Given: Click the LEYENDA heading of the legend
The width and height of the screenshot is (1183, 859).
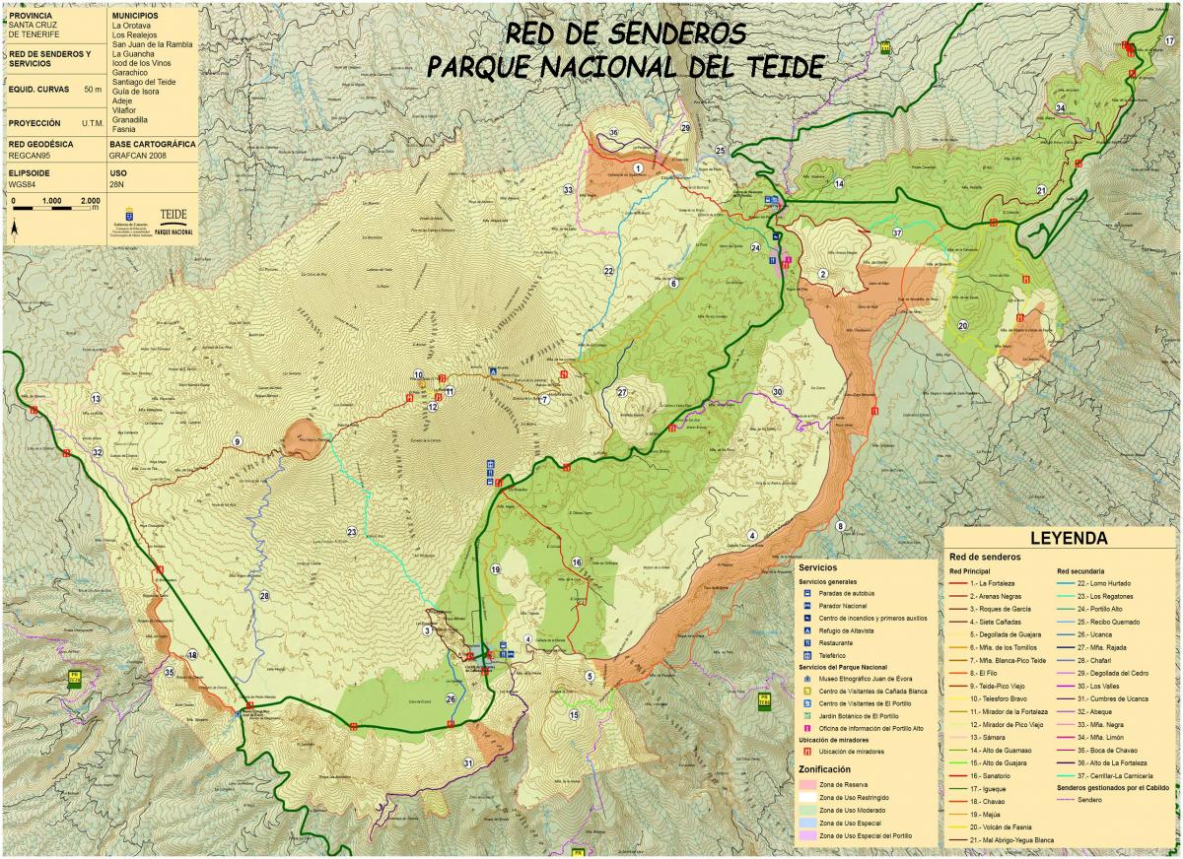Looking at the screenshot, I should coord(1069,539).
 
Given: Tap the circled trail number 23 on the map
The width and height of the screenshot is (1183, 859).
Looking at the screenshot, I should coord(352,532).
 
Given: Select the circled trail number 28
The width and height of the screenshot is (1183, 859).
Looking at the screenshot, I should coord(264,596).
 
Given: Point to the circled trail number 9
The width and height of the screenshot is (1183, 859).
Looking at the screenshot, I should coord(237,440).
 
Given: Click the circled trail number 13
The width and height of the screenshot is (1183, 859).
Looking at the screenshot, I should coord(96,398).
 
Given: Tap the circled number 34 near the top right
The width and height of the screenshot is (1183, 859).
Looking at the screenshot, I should coord(1060,107).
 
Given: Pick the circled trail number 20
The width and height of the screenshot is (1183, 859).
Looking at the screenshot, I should coord(962,325).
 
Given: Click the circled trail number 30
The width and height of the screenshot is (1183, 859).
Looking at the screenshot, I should coord(777,392).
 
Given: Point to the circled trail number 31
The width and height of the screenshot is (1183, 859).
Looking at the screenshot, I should coord(468,762).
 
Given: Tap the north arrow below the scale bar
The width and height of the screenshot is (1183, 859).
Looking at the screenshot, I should coord(16,231).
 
